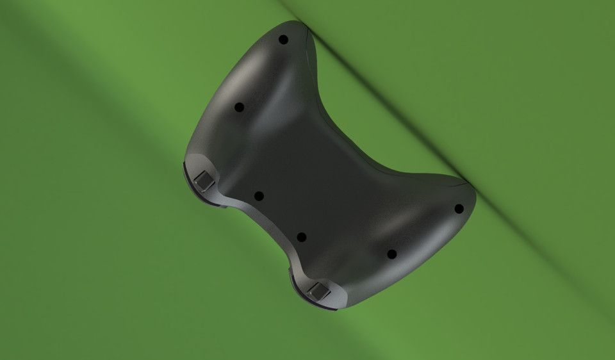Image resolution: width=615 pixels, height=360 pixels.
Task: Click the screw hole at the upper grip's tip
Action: [283, 40]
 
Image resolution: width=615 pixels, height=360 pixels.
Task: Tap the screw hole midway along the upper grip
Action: [239, 107]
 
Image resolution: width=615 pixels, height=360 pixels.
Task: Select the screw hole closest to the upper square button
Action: [259, 196]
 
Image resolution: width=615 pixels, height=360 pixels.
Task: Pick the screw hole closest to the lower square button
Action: [302, 237]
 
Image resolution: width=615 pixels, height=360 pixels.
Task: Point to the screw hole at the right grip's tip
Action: [459, 208]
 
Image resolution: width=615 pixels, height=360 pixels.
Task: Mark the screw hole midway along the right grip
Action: [392, 254]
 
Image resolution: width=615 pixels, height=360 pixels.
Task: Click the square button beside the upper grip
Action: [204, 181]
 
